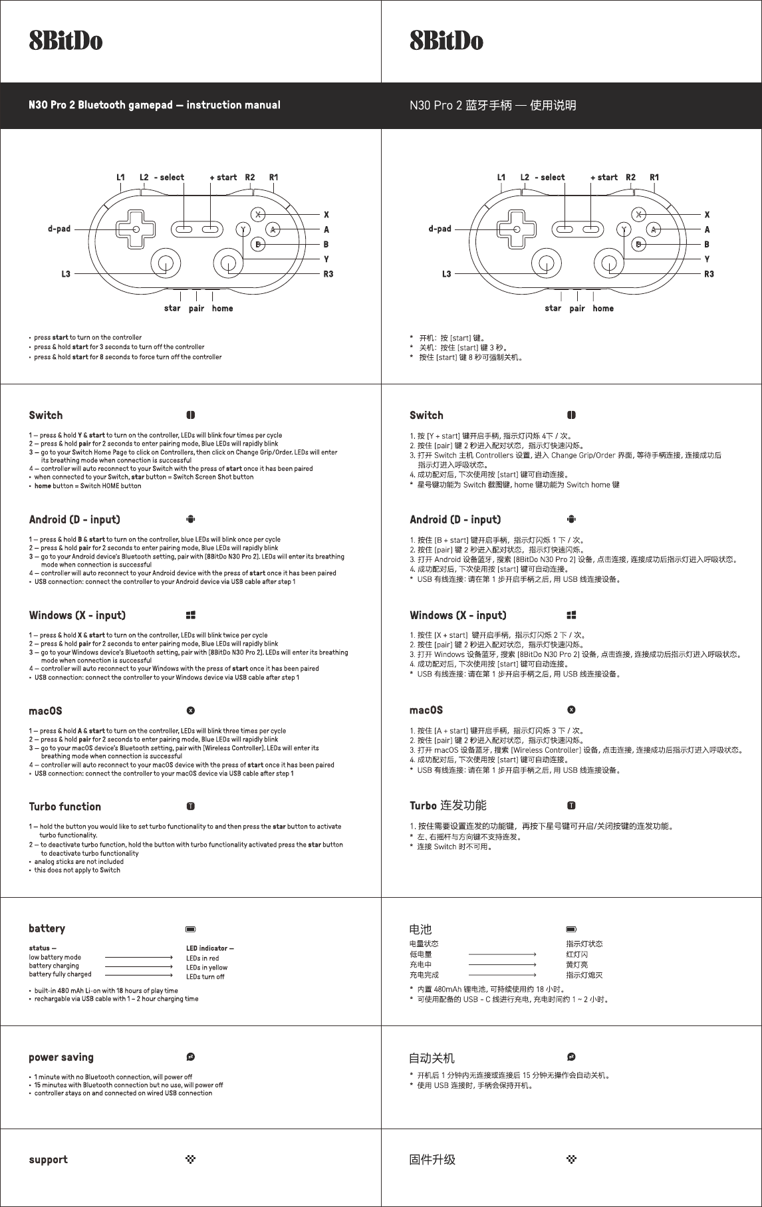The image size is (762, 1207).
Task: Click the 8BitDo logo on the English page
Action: pos(65,41)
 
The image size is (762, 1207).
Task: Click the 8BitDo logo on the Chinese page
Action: pos(446,41)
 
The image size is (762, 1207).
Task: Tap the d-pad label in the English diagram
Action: pos(59,229)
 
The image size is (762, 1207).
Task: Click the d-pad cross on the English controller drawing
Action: pos(136,229)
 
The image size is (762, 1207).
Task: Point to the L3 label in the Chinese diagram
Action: pos(446,274)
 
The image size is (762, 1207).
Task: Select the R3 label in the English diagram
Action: pos(328,274)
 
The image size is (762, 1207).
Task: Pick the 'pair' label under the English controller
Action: pos(196,309)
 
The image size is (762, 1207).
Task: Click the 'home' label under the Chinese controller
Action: pos(603,309)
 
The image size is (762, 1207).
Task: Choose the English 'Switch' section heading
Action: pos(46,416)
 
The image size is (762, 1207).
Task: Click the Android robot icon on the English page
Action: pos(191,519)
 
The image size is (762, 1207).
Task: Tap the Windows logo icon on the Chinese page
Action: pos(571,615)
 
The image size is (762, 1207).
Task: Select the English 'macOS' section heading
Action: pos(45,711)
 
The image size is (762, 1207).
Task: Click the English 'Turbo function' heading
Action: pos(65,807)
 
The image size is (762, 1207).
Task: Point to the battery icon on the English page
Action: pos(191,929)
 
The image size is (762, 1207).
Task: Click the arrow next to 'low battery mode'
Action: pos(139,958)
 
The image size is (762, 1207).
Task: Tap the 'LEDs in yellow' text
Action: pos(207,968)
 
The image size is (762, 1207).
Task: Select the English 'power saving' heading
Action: pos(61,1057)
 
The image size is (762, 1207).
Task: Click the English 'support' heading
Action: pos(48,1160)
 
